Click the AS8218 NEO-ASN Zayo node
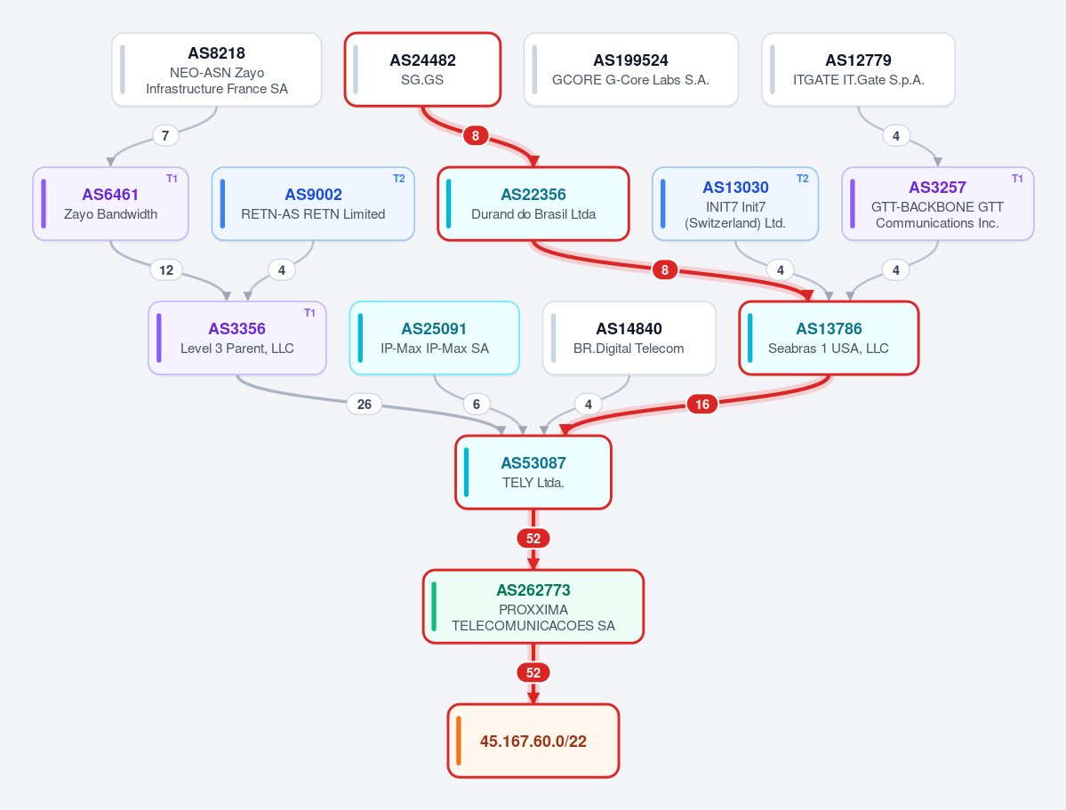217,69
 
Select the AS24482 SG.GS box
423,69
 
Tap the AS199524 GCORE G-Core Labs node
631,69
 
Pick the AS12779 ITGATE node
858,69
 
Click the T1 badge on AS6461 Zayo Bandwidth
172,179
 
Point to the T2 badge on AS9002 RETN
399,179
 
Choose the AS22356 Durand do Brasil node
533,204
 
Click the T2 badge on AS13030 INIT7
803,179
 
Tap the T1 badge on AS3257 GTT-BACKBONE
1018,179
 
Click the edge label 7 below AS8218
165,136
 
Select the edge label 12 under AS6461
166,270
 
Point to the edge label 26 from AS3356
365,405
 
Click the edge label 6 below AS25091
477,405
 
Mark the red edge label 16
702,405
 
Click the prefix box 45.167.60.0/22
533,741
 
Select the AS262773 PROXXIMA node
533,606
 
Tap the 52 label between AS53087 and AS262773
533,539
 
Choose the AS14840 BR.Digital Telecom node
629,338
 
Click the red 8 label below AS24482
476,136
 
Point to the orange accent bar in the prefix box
459,741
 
